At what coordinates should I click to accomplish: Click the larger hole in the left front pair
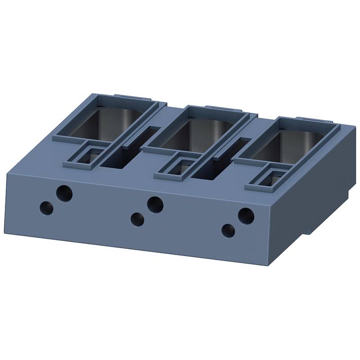pyautogui.click(x=64, y=193)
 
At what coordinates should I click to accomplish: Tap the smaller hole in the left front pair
pyautogui.click(x=46, y=208)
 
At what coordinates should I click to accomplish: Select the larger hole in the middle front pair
pyautogui.click(x=155, y=204)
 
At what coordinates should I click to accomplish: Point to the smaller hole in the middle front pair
pyautogui.click(x=137, y=220)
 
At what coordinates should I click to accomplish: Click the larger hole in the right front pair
pyautogui.click(x=246, y=216)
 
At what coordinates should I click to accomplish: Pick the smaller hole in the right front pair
pyautogui.click(x=229, y=231)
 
